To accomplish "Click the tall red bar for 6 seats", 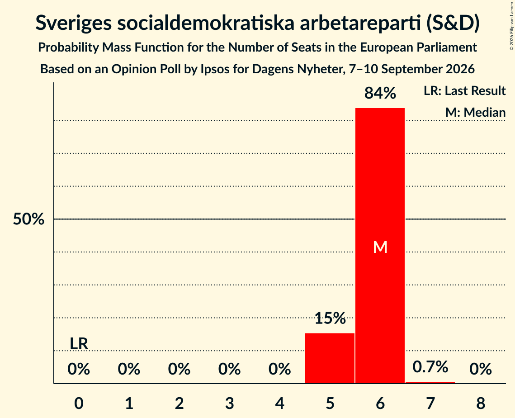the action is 380,246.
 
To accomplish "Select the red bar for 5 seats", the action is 330,358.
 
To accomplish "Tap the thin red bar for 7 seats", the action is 430,383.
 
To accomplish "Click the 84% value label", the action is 380,93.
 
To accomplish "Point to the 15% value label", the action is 330,318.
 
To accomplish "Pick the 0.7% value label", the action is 430,367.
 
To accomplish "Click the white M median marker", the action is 380,247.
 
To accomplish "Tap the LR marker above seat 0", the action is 79,344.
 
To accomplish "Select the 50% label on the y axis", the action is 28,219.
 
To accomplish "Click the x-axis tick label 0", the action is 79,403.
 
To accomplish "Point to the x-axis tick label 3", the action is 230,403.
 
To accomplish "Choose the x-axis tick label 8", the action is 481,403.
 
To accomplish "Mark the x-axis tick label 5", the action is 330,403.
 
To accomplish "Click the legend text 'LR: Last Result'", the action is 464,90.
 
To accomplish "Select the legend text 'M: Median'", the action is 475,112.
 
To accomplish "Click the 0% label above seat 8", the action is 481,369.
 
